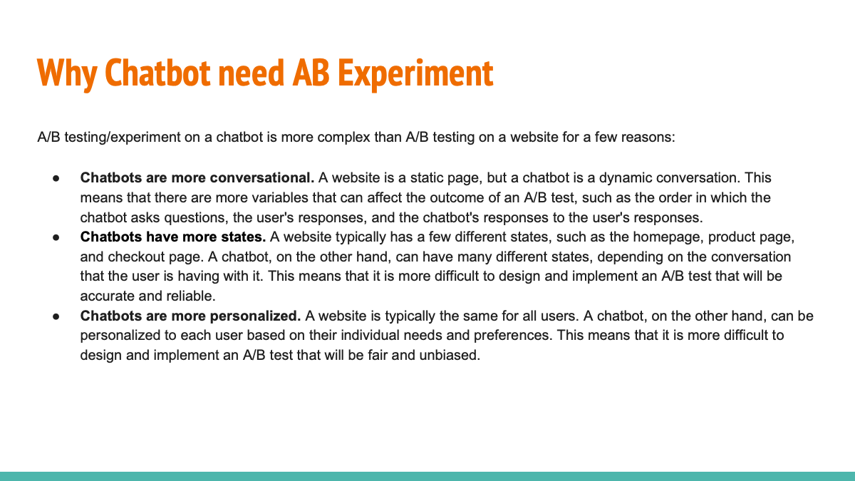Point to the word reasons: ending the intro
647,137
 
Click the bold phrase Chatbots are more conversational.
197,177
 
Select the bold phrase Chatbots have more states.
173,237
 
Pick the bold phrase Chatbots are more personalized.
191,316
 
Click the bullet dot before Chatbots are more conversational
55,177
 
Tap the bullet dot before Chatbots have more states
55,237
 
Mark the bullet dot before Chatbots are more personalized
55,316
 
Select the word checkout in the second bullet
132,257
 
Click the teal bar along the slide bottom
427,476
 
